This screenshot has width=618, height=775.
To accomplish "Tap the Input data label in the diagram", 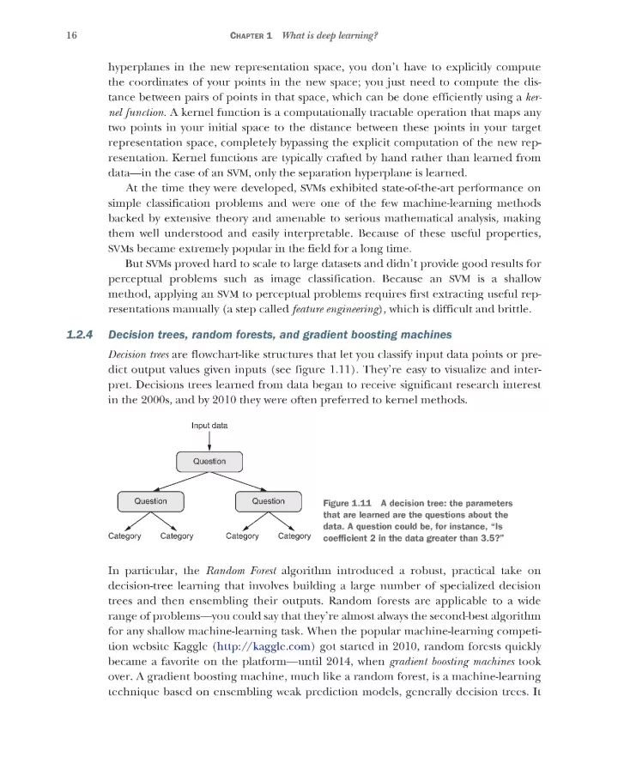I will (x=209, y=425).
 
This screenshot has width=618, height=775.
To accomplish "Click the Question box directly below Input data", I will (x=209, y=462).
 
